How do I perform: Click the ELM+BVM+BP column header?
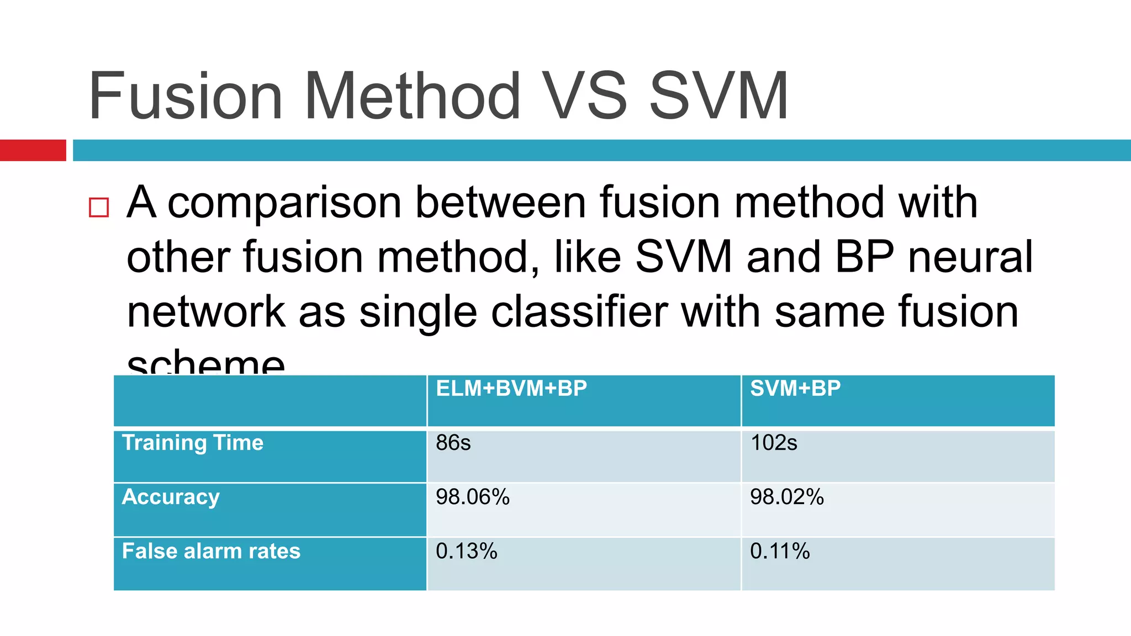tap(511, 389)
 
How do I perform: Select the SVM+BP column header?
tap(795, 389)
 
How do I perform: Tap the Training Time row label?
tap(193, 443)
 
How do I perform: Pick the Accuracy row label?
tap(171, 497)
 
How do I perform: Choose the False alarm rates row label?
tap(211, 551)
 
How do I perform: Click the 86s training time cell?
tap(453, 443)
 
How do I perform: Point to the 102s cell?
tap(774, 443)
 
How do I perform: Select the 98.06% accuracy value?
tap(473, 497)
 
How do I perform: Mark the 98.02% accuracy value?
tap(787, 497)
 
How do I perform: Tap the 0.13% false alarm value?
tap(467, 551)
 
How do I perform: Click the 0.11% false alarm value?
tap(780, 551)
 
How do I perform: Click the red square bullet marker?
tap(99, 208)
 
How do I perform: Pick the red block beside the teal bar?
tap(33, 150)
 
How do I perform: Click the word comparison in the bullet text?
tap(284, 203)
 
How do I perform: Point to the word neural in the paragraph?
tap(970, 257)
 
